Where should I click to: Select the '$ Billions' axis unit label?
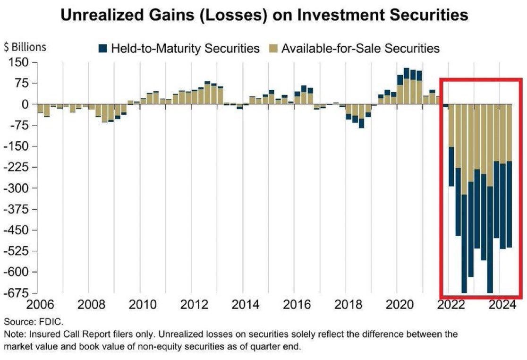tap(25, 47)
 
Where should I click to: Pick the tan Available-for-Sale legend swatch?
tap(273, 48)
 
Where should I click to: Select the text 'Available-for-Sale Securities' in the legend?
tap(361, 48)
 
